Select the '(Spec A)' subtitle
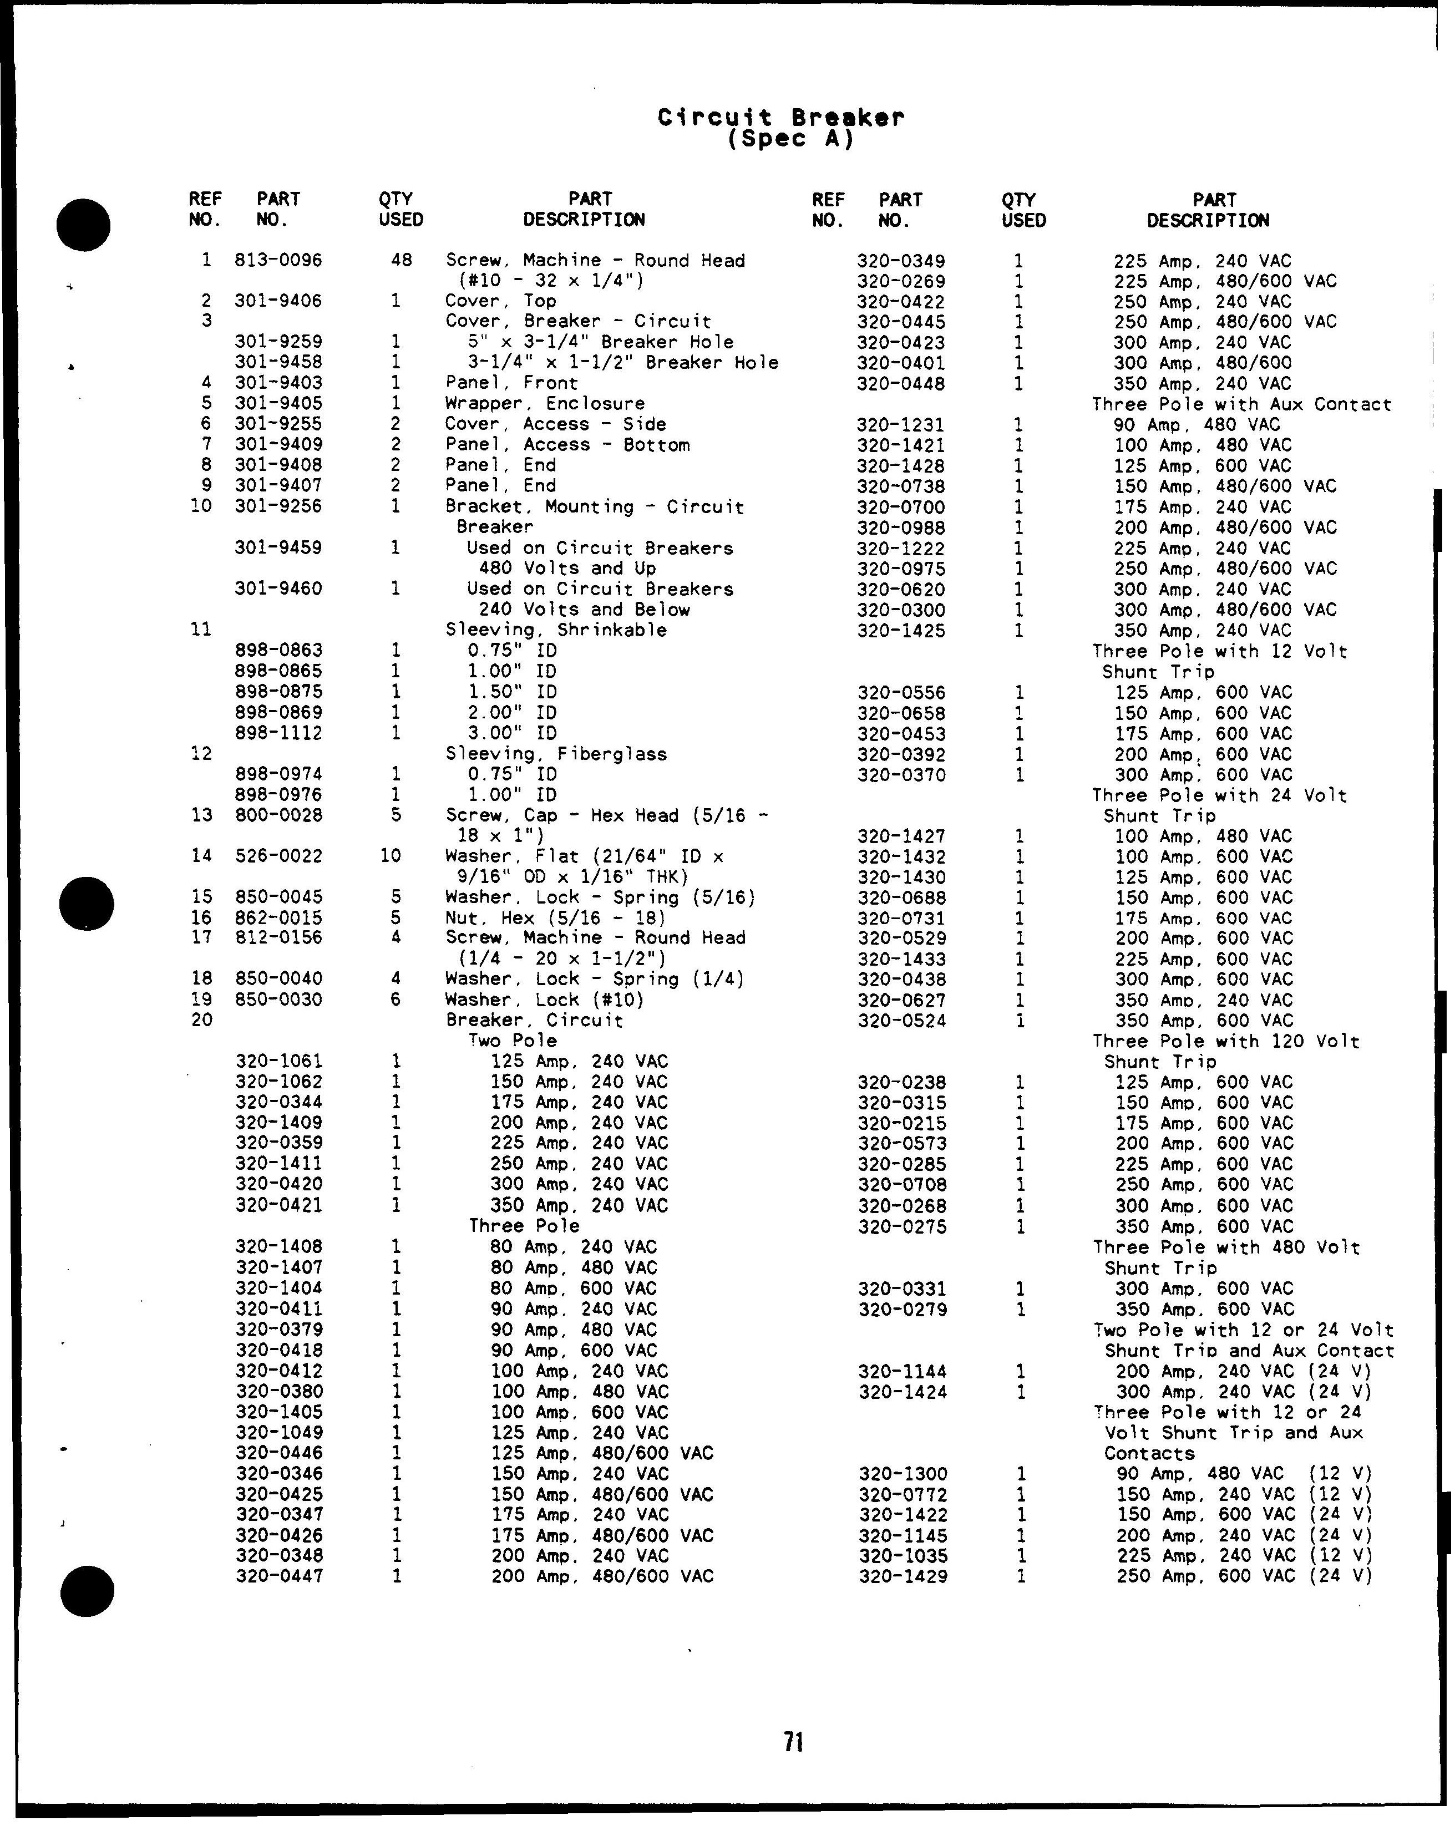point(790,139)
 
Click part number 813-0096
point(278,260)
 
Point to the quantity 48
point(401,260)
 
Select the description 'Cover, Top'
point(500,301)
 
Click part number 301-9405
point(278,403)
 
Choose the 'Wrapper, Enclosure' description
point(545,403)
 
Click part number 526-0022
point(278,856)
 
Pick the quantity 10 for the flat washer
point(390,856)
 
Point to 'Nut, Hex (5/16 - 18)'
point(555,918)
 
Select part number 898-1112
point(278,733)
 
